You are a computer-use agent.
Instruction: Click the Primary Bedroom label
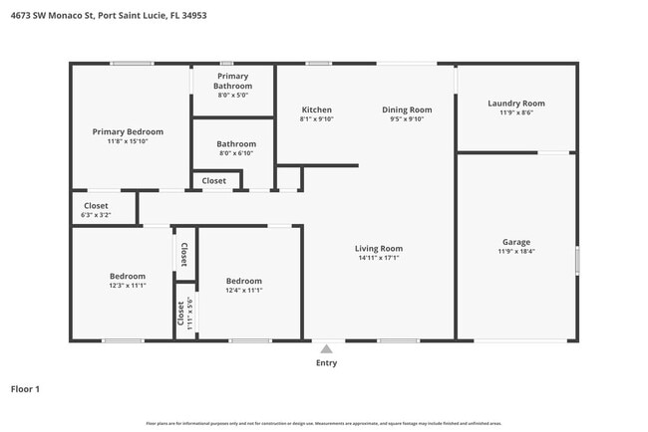point(128,131)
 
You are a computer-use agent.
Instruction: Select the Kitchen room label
point(317,109)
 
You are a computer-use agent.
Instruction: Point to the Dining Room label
point(406,109)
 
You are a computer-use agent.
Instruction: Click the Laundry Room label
point(515,104)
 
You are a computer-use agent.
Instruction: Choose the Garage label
point(515,242)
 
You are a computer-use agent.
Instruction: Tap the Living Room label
point(379,248)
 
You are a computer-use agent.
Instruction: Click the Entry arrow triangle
point(326,348)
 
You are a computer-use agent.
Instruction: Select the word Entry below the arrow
point(326,363)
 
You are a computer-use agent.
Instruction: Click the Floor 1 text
point(25,389)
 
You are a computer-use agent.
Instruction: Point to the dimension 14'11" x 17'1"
point(379,258)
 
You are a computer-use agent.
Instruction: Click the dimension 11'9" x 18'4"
point(515,252)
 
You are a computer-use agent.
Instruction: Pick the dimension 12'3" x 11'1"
point(128,286)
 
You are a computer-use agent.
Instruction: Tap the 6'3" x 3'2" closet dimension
point(96,215)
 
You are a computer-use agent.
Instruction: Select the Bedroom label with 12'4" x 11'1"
point(243,281)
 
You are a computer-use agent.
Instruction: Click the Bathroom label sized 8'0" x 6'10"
point(236,144)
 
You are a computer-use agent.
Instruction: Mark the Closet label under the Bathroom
point(214,181)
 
